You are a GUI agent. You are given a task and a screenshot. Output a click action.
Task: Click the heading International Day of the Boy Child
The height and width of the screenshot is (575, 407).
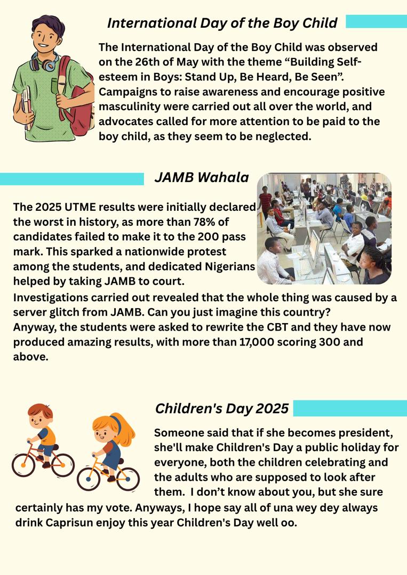[222, 23]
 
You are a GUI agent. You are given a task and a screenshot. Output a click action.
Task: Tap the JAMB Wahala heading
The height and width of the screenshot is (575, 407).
[202, 177]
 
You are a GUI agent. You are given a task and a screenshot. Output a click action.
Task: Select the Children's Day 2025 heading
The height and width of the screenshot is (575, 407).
[221, 408]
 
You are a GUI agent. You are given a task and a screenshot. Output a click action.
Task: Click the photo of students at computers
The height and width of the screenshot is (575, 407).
[324, 228]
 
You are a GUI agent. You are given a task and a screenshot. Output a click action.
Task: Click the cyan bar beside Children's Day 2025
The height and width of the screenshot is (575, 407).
[349, 408]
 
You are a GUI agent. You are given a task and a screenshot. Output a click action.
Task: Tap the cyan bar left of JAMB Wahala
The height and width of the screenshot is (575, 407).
[72, 179]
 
